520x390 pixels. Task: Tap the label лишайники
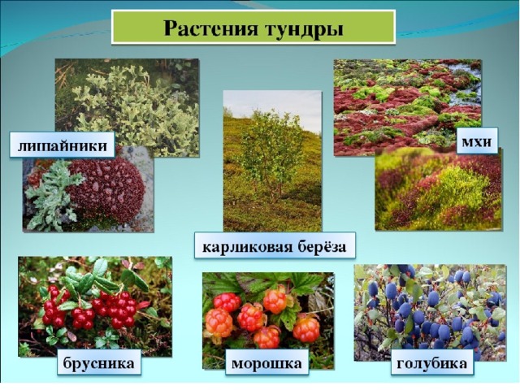tap(63, 145)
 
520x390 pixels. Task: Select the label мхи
tap(477, 141)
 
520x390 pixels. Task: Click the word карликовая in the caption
tap(245, 246)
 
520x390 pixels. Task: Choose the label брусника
tap(98, 363)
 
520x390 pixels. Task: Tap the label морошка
tap(266, 364)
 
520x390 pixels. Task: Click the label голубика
tap(431, 363)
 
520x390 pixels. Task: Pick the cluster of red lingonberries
tap(91, 309)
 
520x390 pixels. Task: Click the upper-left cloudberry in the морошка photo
tap(227, 302)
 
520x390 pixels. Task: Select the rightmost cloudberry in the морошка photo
tap(306, 328)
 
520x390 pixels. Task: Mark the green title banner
tap(253, 27)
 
